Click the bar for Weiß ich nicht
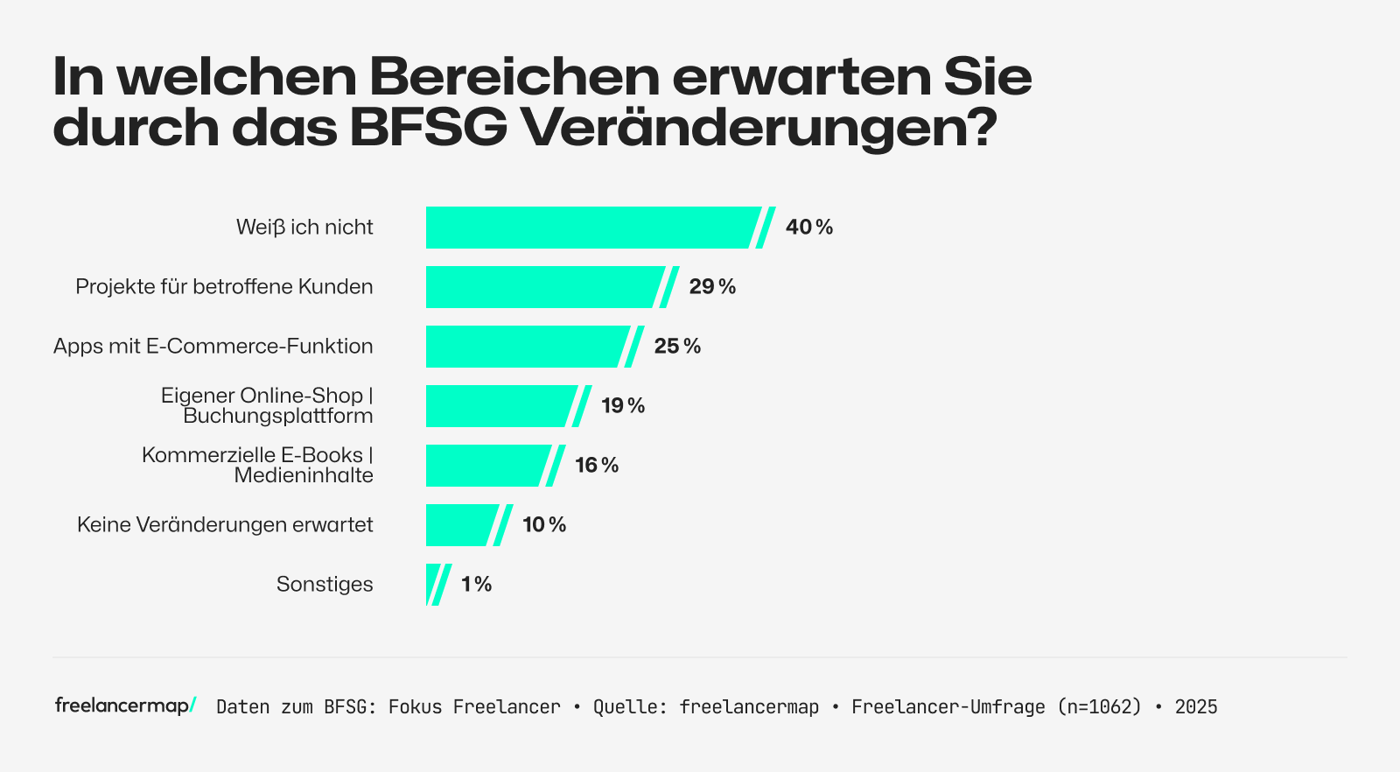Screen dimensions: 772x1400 pos(591,228)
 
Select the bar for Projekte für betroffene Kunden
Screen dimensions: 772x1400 pos(542,287)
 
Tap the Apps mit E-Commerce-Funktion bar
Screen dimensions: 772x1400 pos(525,347)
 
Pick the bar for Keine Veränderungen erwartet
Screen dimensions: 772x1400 pos(459,525)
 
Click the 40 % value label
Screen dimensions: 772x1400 pos(809,228)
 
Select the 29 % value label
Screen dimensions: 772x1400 pos(712,287)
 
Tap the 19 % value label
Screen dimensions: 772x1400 pos(623,406)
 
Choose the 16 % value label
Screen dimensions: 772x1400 pos(597,466)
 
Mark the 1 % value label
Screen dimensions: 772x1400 pos(477,585)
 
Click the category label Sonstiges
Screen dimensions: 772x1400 pos(325,585)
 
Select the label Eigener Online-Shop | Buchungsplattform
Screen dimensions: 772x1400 pos(267,406)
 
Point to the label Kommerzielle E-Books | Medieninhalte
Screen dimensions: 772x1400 pos(258,466)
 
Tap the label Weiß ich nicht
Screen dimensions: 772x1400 pos(304,228)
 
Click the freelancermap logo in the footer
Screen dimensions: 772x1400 pos(125,705)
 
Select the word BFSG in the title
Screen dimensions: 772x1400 pos(429,128)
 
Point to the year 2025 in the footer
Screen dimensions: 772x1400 pos(1196,707)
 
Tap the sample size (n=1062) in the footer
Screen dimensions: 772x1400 pos(1100,707)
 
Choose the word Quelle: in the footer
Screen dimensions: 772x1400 pos(625,707)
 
